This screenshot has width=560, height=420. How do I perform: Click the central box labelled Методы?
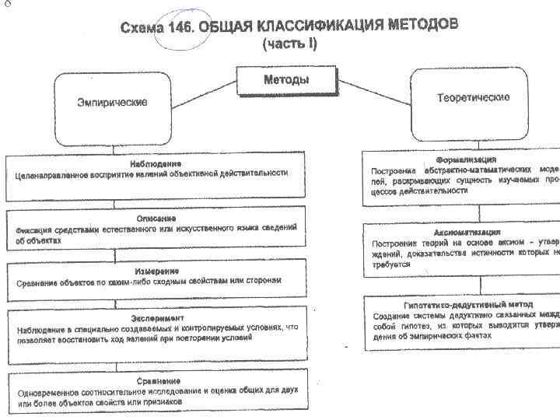click(286, 79)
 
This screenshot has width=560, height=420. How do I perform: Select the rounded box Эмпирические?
click(112, 103)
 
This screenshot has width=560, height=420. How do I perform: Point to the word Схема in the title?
click(142, 28)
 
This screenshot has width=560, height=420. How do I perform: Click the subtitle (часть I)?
click(289, 44)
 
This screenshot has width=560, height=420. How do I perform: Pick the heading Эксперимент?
click(156, 318)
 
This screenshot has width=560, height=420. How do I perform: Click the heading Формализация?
click(467, 159)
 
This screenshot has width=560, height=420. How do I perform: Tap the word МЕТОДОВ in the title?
click(424, 24)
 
